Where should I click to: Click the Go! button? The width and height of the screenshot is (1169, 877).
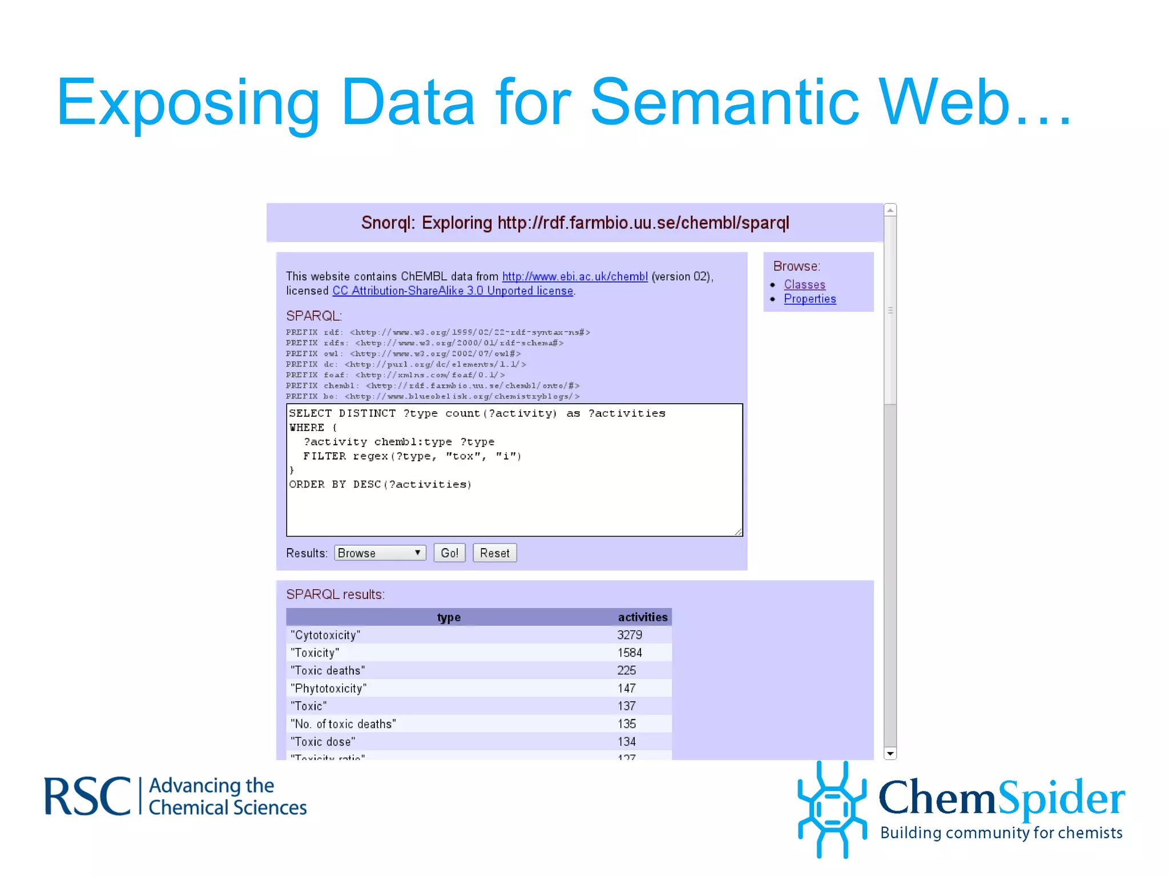449,553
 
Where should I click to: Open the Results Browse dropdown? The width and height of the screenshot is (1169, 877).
380,553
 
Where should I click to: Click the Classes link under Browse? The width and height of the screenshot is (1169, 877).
804,284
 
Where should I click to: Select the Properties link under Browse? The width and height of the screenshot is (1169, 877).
809,299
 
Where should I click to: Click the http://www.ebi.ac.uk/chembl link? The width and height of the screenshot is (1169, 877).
575,276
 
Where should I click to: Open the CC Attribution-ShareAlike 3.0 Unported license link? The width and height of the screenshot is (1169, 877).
453,291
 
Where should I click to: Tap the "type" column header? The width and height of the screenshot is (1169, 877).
449,617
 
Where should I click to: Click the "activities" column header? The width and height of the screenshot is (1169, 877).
642,617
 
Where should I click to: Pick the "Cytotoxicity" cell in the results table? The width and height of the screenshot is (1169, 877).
325,635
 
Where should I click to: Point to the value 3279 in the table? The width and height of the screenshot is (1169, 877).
630,635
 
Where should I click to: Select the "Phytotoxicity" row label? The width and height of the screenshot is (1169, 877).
328,689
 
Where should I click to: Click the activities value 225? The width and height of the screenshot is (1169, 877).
627,670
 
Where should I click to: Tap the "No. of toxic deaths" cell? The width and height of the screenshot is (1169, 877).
343,724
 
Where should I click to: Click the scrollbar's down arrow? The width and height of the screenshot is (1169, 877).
890,754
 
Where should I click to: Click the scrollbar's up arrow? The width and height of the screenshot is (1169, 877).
890,210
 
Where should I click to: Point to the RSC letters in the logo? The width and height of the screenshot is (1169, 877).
87,796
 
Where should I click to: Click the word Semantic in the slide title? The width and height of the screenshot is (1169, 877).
724,103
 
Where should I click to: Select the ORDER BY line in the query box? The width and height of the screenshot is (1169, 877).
380,484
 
